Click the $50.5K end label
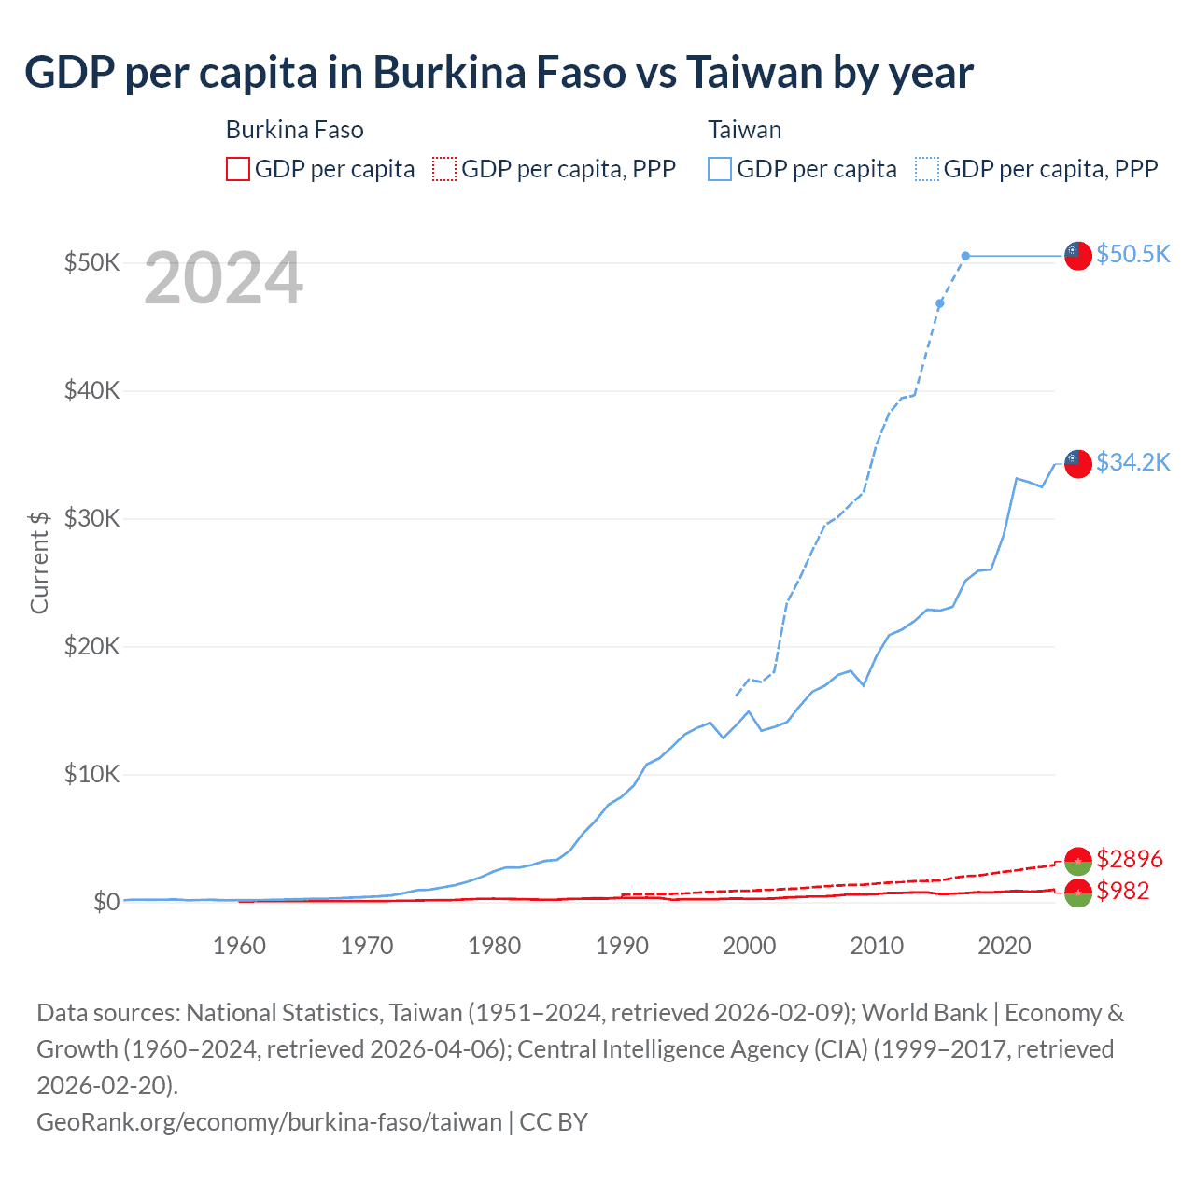tap(1132, 254)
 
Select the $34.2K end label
tap(1132, 462)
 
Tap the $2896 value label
tap(1129, 858)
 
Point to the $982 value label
tap(1122, 891)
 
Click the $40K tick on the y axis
tap(91, 390)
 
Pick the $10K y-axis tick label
tap(91, 774)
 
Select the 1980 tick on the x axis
tap(494, 946)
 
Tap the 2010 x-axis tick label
tap(877, 946)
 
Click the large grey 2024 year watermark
tap(223, 278)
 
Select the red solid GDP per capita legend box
tap(238, 169)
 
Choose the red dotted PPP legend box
tap(444, 169)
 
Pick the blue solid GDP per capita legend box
tap(720, 169)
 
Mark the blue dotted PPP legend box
tap(927, 169)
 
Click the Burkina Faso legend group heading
tap(294, 130)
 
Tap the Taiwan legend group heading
tap(744, 130)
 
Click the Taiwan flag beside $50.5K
tap(1077, 255)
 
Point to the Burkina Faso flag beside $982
tap(1077, 892)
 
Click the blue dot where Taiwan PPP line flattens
tap(965, 256)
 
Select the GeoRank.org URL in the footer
tap(269, 1121)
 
